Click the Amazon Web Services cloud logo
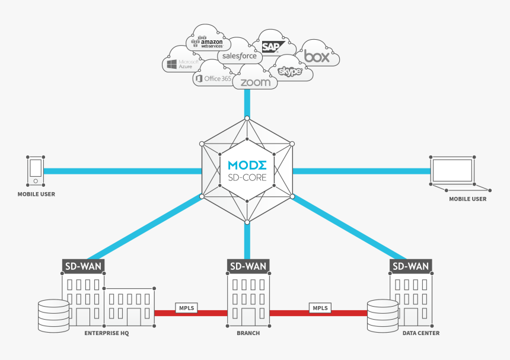pyautogui.click(x=209, y=43)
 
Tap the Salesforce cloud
pyautogui.click(x=240, y=56)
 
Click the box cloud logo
pyautogui.click(x=317, y=57)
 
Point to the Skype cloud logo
pyautogui.click(x=290, y=72)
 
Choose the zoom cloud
pyautogui.click(x=256, y=82)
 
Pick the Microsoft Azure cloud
pyautogui.click(x=183, y=64)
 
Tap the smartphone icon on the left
pyautogui.click(x=36, y=171)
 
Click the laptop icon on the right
pyautogui.click(x=452, y=171)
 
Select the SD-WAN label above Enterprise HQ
pyautogui.click(x=84, y=266)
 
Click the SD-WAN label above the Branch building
pyautogui.click(x=247, y=266)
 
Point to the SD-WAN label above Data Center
pyautogui.click(x=410, y=266)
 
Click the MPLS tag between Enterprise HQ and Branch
pyautogui.click(x=186, y=308)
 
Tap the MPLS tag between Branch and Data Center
pyautogui.click(x=320, y=308)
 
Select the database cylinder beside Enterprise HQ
pyautogui.click(x=53, y=315)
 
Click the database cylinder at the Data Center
pyautogui.click(x=383, y=315)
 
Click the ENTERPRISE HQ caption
pyautogui.click(x=107, y=333)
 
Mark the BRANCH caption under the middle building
pyautogui.click(x=248, y=333)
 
